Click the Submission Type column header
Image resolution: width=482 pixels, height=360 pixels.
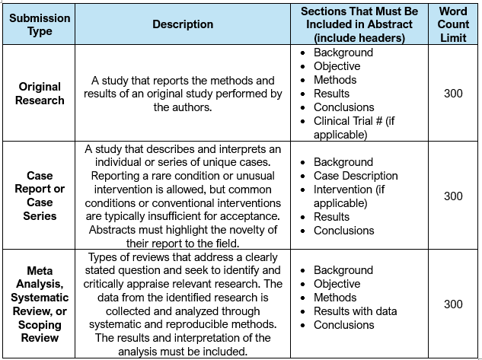coord(40,24)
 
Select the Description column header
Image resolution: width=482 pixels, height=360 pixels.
coord(183,24)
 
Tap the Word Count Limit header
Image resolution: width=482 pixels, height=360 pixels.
coord(453,24)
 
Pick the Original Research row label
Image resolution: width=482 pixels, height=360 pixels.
coord(40,94)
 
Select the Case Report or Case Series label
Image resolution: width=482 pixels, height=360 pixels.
coord(40,196)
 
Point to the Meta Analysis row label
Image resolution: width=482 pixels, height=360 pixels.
coord(40,304)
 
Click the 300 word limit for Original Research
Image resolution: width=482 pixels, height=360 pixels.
coord(453,94)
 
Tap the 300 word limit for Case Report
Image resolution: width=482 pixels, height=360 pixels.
coord(453,196)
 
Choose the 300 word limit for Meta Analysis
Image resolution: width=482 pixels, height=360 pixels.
coord(453,304)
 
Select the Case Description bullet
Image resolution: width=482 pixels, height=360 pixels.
coord(356,176)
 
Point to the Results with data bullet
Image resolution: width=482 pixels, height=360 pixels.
coord(355,311)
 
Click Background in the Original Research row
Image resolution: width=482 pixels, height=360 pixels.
coord(343,53)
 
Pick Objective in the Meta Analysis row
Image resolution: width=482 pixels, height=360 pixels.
coord(337,284)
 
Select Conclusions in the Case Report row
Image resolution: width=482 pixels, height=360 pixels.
coord(343,231)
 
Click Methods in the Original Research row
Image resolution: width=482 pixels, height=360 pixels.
coord(334,80)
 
